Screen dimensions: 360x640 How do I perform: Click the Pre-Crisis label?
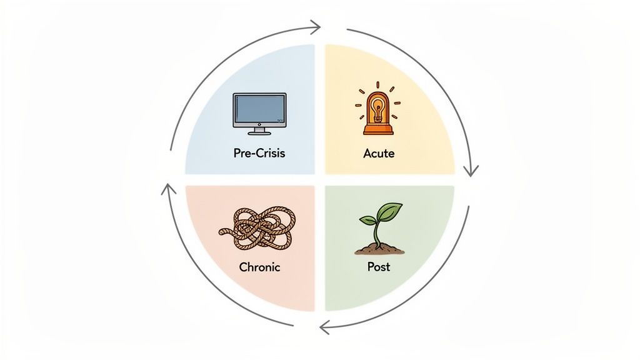pyautogui.click(x=258, y=153)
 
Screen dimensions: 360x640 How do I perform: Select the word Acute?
pyautogui.click(x=379, y=153)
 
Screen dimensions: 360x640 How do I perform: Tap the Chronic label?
pyautogui.click(x=259, y=267)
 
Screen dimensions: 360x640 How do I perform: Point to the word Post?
pyautogui.click(x=379, y=267)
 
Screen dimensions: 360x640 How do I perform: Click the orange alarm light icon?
pyautogui.click(x=377, y=111)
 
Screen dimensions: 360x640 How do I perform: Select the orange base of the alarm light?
pyautogui.click(x=377, y=130)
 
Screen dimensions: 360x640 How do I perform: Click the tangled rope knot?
pyautogui.click(x=259, y=226)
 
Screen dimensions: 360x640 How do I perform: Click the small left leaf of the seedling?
pyautogui.click(x=367, y=220)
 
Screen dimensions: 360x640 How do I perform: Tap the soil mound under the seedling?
pyautogui.click(x=379, y=249)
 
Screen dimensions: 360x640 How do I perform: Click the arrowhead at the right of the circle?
pyautogui.click(x=472, y=171)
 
